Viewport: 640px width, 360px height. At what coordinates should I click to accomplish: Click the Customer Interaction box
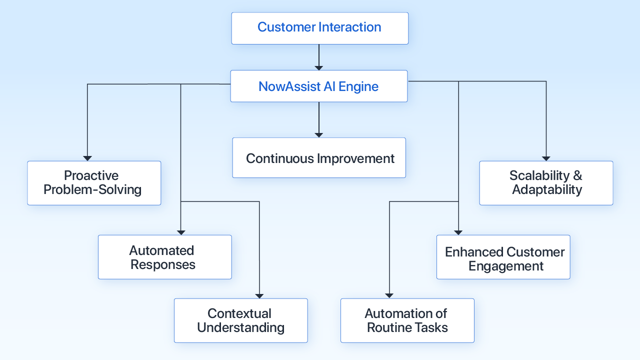pyautogui.click(x=319, y=28)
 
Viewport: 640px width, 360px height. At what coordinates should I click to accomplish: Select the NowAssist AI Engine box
pyautogui.click(x=318, y=86)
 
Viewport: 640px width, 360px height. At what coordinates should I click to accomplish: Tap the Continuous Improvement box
pyautogui.click(x=319, y=158)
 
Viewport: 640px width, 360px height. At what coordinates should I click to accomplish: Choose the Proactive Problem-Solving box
pyautogui.click(x=94, y=183)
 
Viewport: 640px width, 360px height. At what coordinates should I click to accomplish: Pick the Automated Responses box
pyautogui.click(x=164, y=257)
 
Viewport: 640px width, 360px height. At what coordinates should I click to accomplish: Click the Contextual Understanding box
pyautogui.click(x=240, y=320)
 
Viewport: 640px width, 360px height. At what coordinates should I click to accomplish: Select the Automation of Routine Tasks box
pyautogui.click(x=407, y=320)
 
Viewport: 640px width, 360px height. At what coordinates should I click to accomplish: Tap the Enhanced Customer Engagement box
pyautogui.click(x=503, y=257)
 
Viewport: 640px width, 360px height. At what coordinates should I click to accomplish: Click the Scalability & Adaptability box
pyautogui.click(x=546, y=183)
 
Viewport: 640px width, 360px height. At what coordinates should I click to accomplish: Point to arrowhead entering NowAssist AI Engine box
pyautogui.click(x=319, y=67)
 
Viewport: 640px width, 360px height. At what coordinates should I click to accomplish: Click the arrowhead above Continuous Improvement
pyautogui.click(x=319, y=134)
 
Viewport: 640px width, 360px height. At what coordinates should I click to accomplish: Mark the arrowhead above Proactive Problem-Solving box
pyautogui.click(x=87, y=158)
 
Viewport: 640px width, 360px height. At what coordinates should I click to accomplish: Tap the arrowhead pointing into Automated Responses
pyautogui.click(x=181, y=232)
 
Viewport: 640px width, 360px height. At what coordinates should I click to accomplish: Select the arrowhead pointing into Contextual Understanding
pyautogui.click(x=259, y=295)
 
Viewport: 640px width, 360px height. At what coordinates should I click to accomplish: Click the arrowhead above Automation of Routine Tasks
pyautogui.click(x=389, y=295)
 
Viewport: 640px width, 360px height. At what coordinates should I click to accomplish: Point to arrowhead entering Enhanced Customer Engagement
pyautogui.click(x=458, y=232)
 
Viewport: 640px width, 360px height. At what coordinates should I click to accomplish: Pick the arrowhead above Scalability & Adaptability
pyautogui.click(x=546, y=158)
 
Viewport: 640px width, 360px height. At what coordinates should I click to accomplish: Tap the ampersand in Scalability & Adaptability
pyautogui.click(x=577, y=176)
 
